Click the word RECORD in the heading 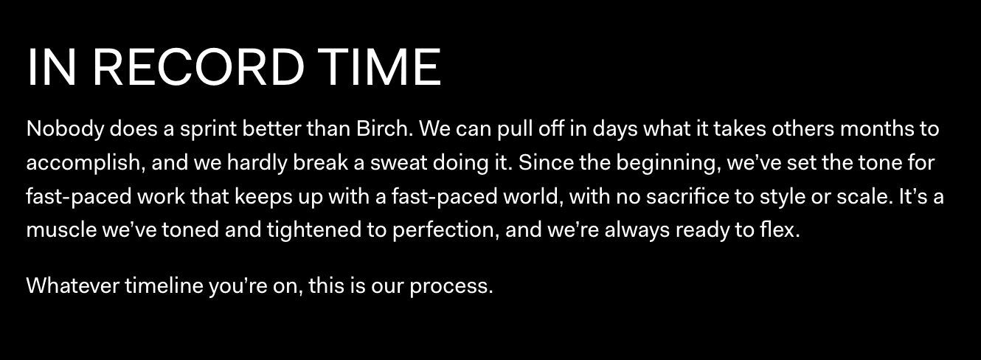198,67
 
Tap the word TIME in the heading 379,67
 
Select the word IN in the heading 52,67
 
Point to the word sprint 208,130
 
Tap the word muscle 61,229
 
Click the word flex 780,229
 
